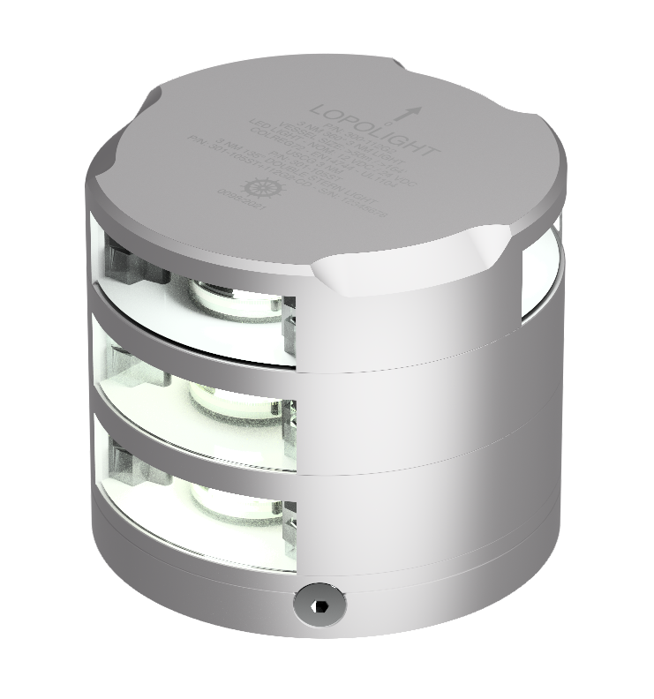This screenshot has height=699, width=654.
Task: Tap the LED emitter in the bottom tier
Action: [224, 500]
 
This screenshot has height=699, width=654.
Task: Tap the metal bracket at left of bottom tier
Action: [124, 463]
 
